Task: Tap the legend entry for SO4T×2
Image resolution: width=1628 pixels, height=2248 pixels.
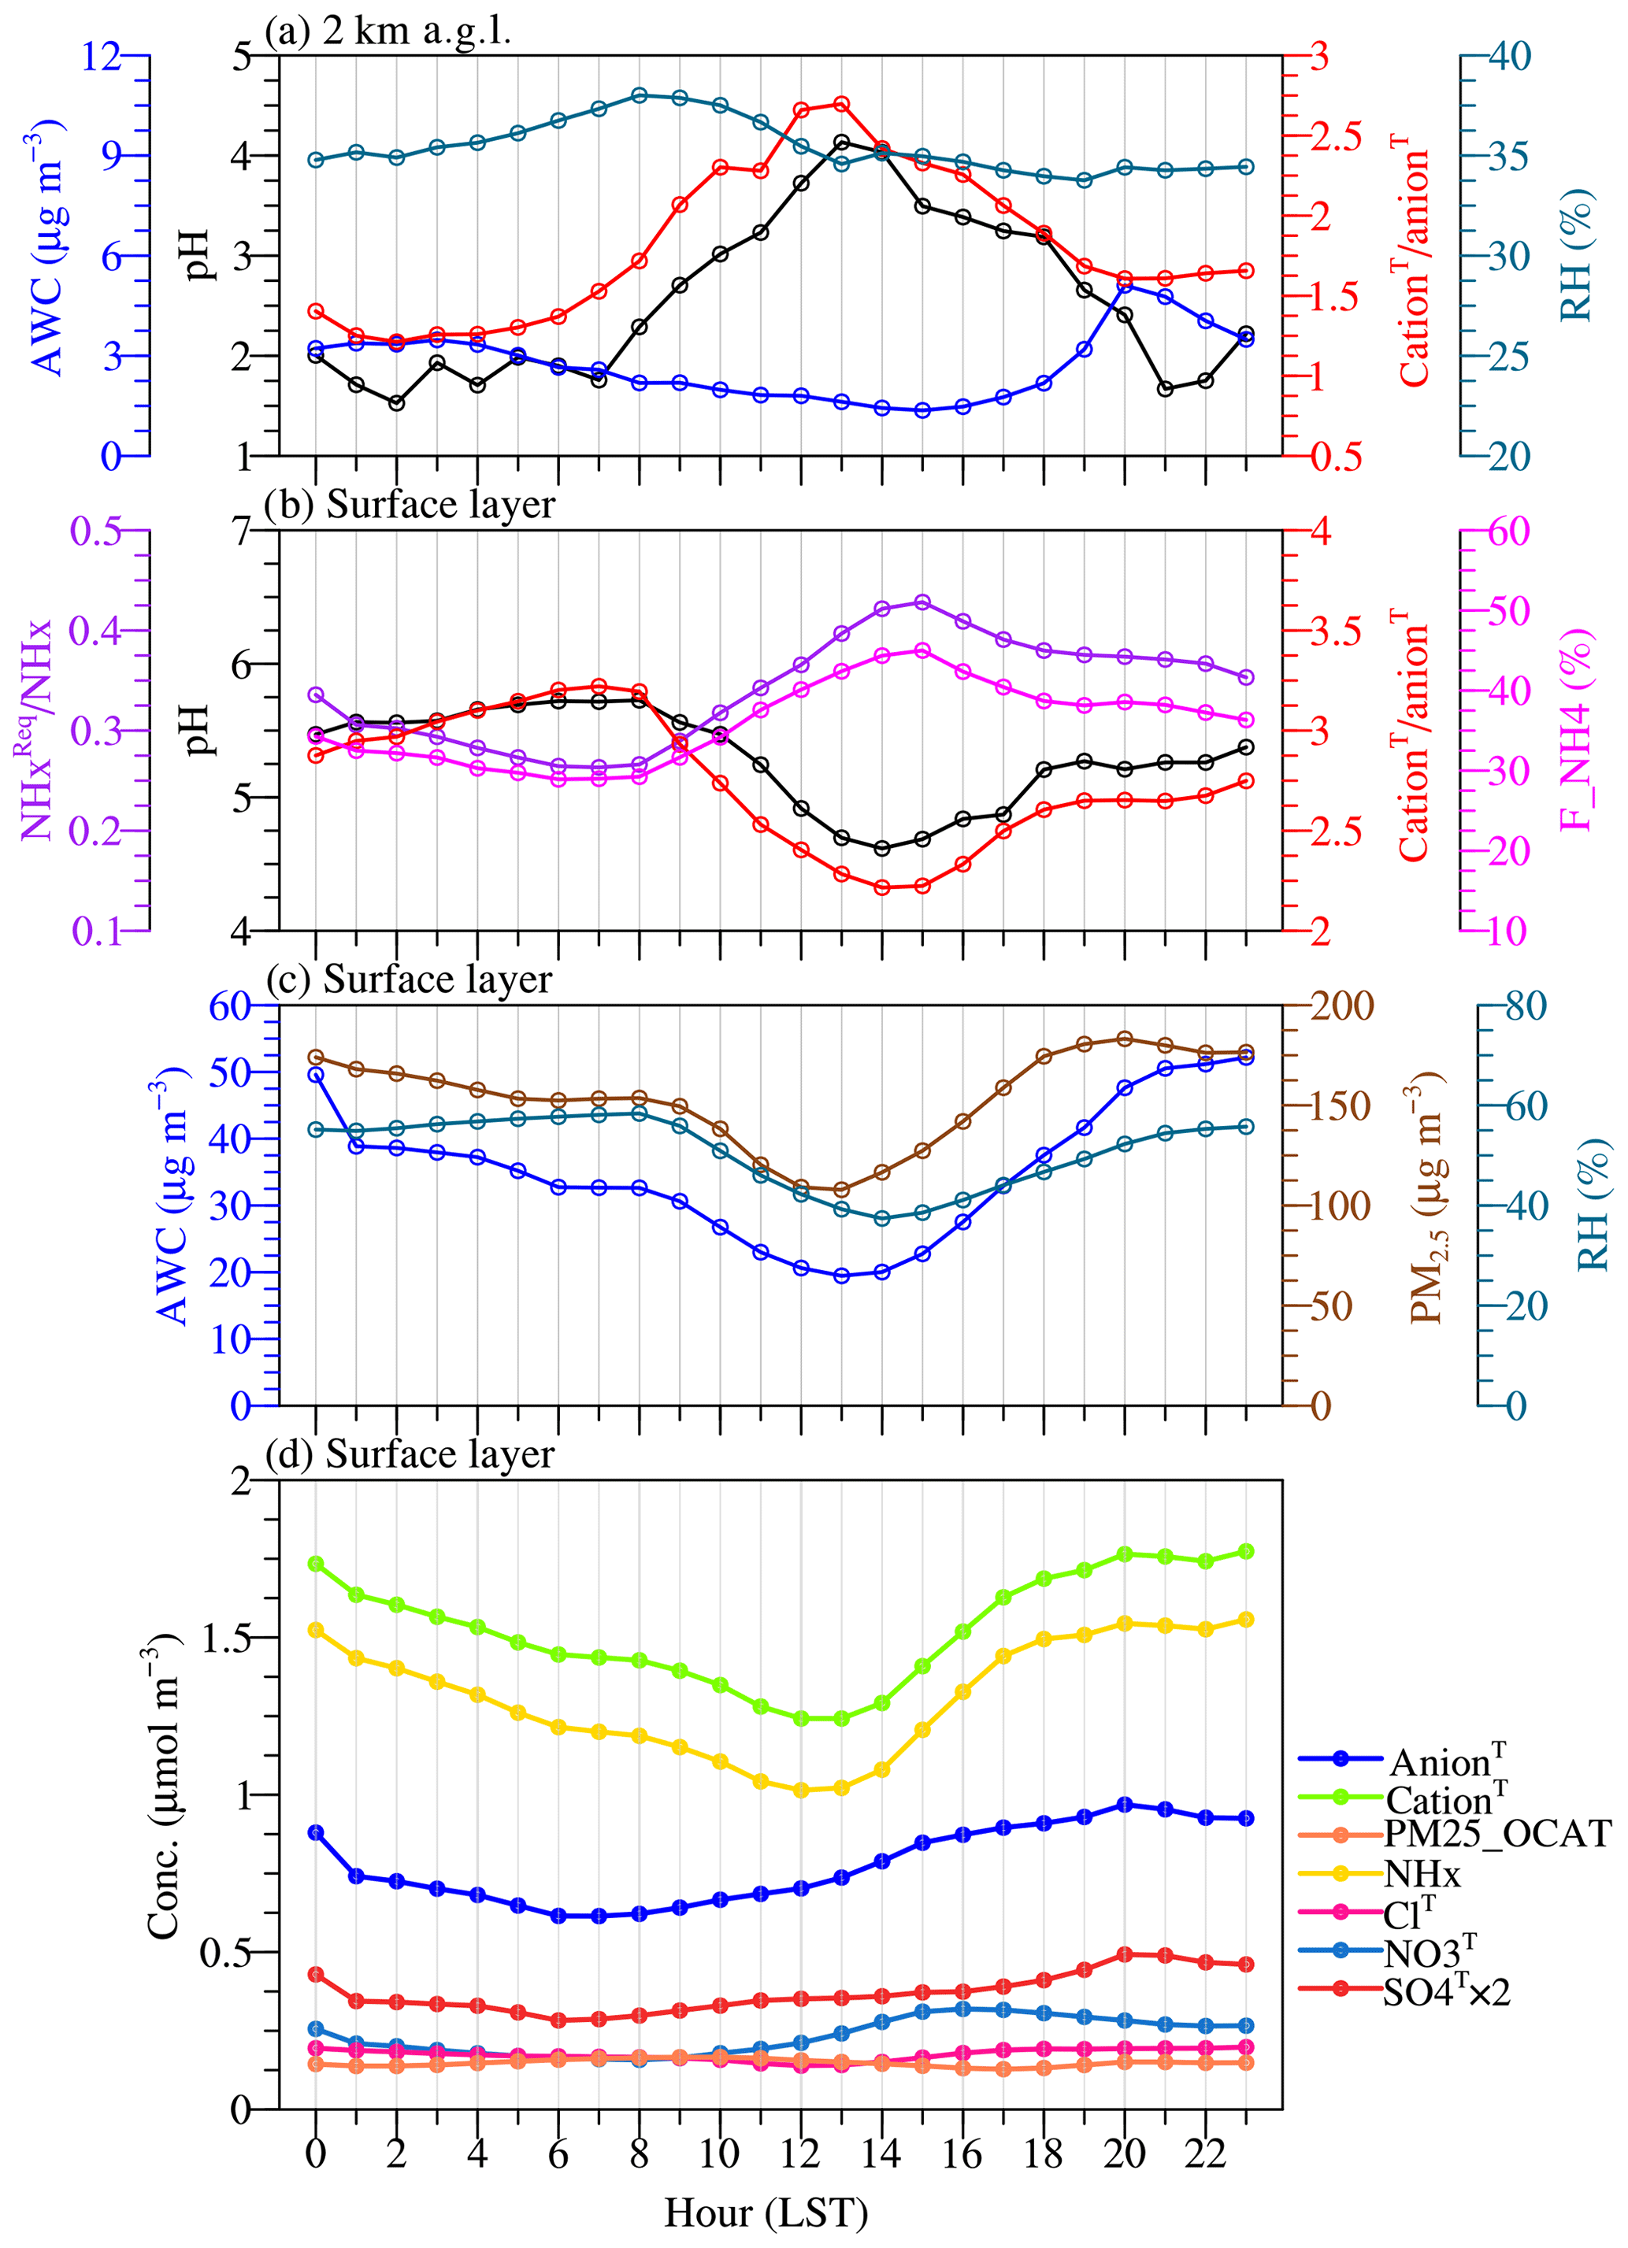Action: [1447, 1991]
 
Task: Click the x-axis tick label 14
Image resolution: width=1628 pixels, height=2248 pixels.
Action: [881, 2153]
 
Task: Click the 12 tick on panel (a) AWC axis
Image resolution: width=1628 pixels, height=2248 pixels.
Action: [100, 57]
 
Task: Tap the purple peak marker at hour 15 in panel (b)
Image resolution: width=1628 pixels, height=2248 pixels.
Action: [922, 602]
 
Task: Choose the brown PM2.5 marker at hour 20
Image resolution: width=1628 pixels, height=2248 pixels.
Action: [1125, 1039]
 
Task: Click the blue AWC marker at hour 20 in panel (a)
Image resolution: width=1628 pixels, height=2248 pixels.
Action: [1125, 287]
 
